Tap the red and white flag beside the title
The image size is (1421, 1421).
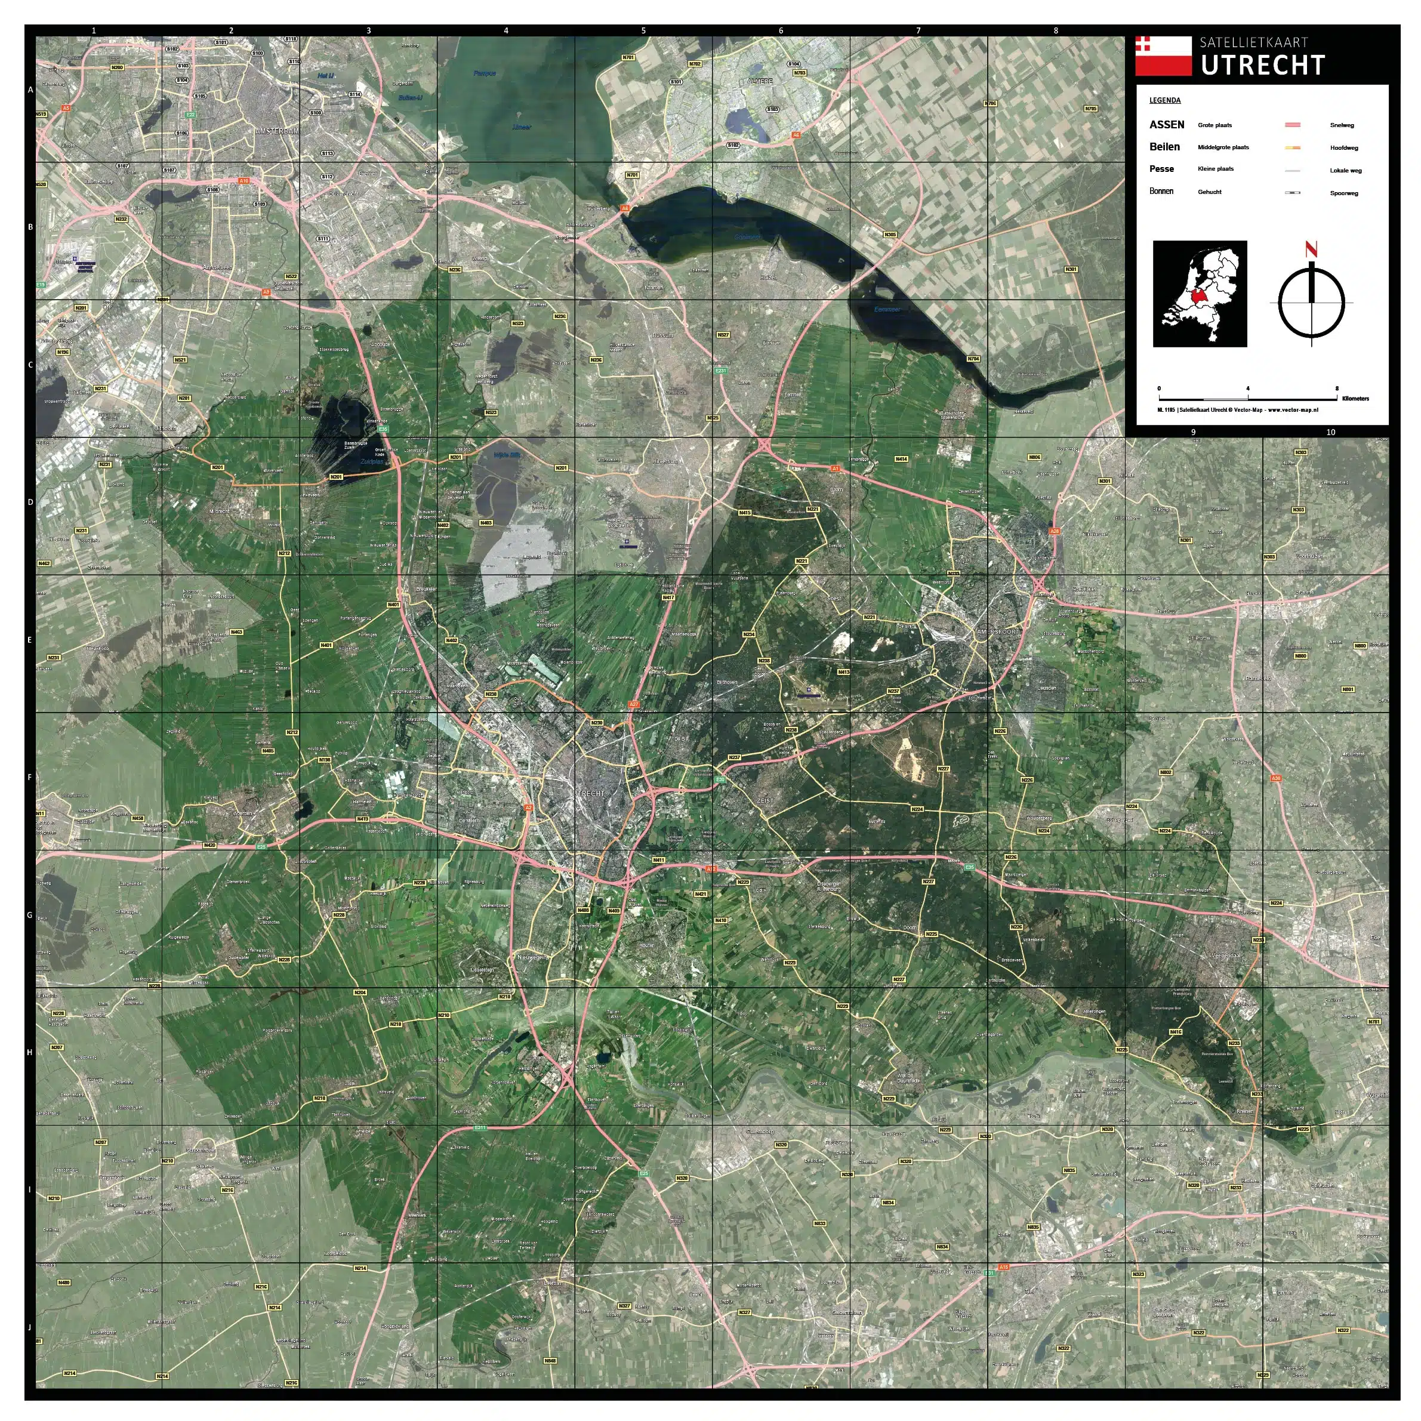1162,56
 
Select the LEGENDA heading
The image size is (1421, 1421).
1165,100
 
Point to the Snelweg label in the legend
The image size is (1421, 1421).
1342,125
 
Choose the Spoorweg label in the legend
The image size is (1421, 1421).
1344,193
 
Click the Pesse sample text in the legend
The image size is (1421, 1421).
1161,169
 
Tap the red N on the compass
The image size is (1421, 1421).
1311,249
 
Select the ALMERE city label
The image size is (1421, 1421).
760,81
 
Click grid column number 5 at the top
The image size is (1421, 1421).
643,31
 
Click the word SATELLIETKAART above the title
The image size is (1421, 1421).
1253,42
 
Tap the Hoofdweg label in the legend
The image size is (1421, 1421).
1344,148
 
